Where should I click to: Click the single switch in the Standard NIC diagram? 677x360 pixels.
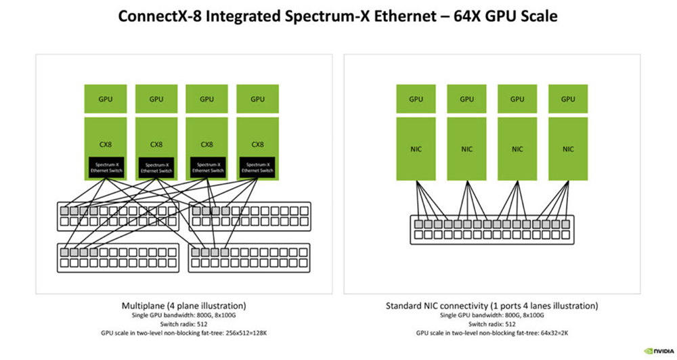pos(492,229)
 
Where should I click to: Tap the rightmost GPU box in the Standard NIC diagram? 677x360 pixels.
pos(568,99)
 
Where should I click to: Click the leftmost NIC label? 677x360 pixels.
pos(416,148)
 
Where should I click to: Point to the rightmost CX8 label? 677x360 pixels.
pos(257,143)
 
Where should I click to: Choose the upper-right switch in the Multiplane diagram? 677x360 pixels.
pos(248,217)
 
